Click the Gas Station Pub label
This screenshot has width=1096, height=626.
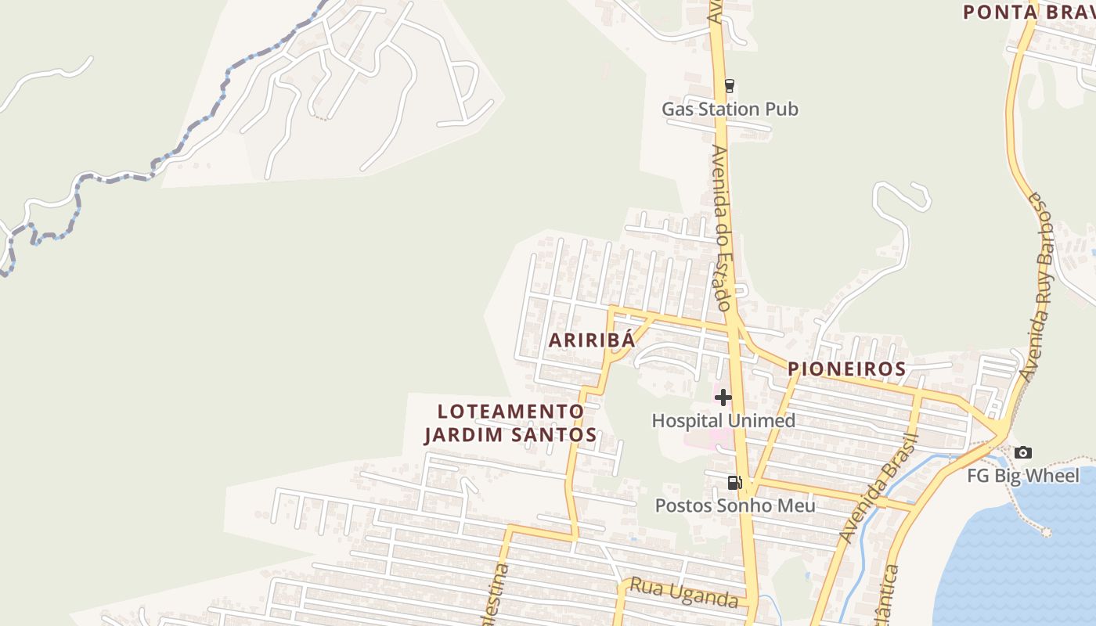click(x=730, y=109)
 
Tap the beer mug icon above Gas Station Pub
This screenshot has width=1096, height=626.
click(x=730, y=85)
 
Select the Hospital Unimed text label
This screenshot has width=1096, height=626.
click(x=723, y=420)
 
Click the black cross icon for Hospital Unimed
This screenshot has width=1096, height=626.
click(x=723, y=398)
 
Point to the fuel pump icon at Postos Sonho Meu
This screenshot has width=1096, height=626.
click(x=734, y=483)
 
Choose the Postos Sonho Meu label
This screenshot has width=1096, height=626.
click(x=735, y=505)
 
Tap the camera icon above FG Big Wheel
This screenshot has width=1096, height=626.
click(x=1022, y=452)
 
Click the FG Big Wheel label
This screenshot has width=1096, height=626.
click(x=1022, y=475)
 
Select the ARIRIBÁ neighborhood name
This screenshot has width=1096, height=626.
click(x=590, y=340)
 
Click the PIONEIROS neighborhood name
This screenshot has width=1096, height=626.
click(x=846, y=369)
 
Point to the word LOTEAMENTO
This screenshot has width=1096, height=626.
click(x=510, y=411)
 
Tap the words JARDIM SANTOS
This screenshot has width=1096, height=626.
click(x=510, y=434)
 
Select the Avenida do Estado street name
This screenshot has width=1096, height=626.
click(x=722, y=227)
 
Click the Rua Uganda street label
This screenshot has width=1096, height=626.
click(x=684, y=592)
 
